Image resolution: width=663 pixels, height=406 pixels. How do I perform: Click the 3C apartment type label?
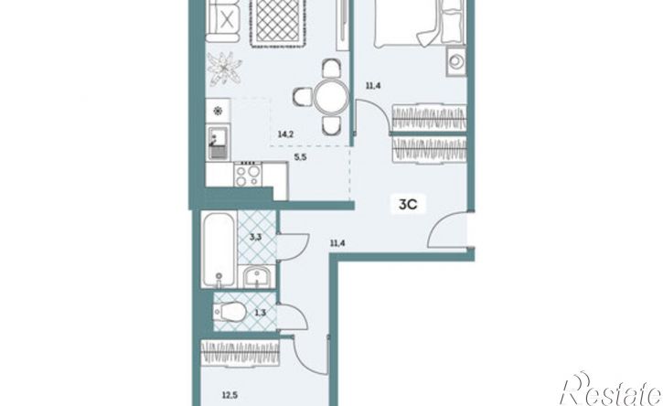(x=408, y=205)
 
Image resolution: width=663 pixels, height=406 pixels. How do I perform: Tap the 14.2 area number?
(x=286, y=135)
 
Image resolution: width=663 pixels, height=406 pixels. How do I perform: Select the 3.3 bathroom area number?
(x=255, y=237)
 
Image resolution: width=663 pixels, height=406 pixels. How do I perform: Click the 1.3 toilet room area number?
(x=261, y=314)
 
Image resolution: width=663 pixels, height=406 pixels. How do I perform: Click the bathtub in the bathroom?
(x=219, y=250)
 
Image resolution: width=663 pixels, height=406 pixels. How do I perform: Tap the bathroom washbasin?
(x=257, y=277)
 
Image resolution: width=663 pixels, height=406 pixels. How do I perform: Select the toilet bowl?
(x=230, y=313)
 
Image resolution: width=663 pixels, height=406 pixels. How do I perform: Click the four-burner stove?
(x=248, y=175)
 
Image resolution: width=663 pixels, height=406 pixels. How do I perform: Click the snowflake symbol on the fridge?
(x=218, y=112)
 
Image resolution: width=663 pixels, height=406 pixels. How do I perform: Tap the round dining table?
(x=331, y=99)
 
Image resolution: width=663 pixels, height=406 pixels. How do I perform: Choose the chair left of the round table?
(x=302, y=97)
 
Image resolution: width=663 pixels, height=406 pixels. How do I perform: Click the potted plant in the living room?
(x=225, y=68)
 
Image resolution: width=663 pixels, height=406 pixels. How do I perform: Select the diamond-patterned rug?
(x=278, y=21)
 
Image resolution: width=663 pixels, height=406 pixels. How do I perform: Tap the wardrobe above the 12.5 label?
(x=241, y=352)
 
